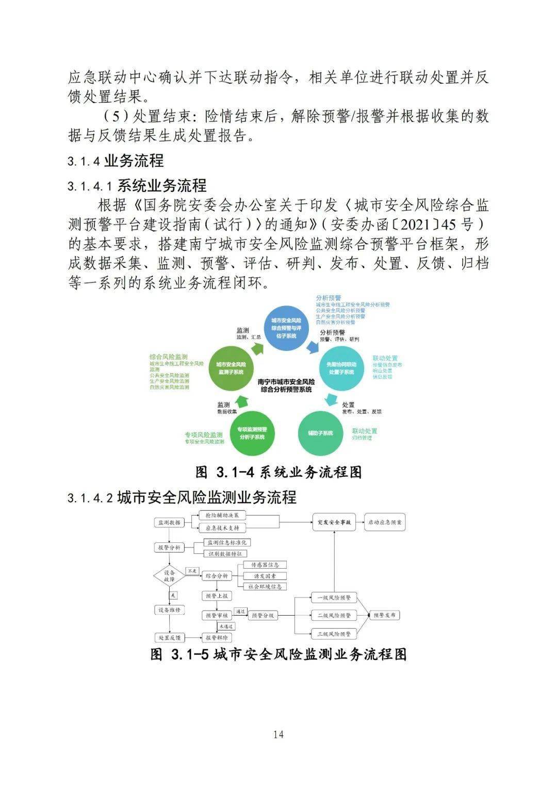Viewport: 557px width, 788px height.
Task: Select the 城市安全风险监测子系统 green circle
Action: (231, 368)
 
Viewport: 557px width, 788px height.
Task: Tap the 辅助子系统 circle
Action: (320, 433)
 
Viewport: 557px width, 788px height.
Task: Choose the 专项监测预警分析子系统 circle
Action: (252, 433)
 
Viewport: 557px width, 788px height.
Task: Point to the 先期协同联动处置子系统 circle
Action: (341, 368)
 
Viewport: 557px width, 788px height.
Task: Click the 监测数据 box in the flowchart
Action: (169, 522)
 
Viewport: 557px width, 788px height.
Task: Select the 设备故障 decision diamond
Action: (169, 576)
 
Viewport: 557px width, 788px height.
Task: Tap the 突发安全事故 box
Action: (334, 522)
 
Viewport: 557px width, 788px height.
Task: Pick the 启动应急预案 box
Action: (385, 522)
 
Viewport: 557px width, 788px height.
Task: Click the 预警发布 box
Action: (385, 615)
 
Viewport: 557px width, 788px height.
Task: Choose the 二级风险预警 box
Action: (334, 615)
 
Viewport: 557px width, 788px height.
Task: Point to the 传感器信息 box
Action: (265, 565)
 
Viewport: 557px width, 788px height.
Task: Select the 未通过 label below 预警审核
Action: (226, 626)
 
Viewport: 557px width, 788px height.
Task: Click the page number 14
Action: (278, 734)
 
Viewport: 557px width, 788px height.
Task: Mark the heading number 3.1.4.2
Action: (90, 498)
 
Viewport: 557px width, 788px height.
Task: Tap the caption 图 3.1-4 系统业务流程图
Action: (278, 472)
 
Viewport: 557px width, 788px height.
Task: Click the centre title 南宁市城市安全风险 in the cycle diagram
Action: (286, 382)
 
